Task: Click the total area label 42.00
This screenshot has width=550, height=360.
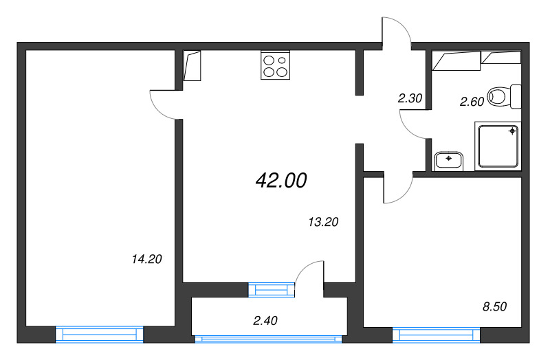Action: tap(280, 181)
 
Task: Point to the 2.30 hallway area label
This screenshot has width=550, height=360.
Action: tap(410, 98)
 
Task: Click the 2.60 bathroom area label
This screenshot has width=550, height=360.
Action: tap(472, 102)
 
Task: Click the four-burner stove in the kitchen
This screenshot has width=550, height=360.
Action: tap(274, 65)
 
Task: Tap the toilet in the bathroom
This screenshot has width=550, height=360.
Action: tap(505, 96)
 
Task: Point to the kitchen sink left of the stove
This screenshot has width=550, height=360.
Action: tap(192, 66)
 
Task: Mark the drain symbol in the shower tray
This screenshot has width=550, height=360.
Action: tap(512, 130)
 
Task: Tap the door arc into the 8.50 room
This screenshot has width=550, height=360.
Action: tap(397, 190)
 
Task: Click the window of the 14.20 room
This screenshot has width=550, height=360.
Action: tap(99, 335)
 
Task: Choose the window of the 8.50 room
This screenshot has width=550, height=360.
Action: tap(436, 335)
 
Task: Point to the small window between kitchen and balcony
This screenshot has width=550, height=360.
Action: tap(271, 290)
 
